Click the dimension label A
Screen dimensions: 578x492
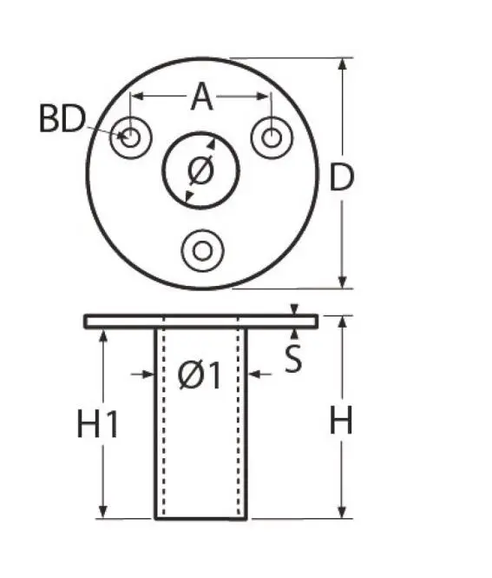pos(201,96)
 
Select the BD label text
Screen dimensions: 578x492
pos(61,119)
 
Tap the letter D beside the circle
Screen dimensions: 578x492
pos(343,178)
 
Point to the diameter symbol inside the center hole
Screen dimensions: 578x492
pos(200,170)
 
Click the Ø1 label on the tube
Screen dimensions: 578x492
pos(200,375)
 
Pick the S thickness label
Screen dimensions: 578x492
pos(294,359)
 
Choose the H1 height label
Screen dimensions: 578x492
pos(97,424)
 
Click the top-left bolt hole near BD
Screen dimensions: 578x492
pos(132,137)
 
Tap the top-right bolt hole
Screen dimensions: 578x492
pos(272,137)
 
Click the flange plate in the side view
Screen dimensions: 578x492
pos(200,322)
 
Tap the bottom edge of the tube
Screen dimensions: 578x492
pos(200,519)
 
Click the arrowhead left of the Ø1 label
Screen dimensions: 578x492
pos(149,375)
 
